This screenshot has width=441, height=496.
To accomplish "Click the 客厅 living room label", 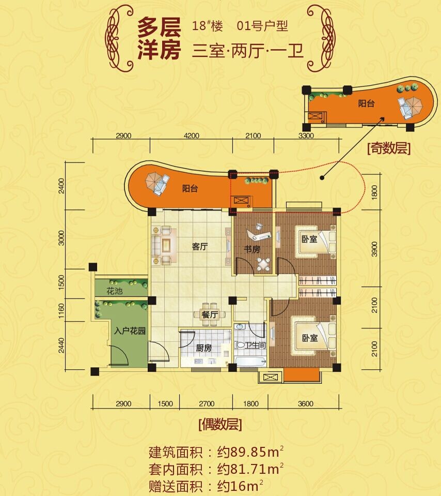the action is (x=200, y=246).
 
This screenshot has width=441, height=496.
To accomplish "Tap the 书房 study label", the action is (x=252, y=249).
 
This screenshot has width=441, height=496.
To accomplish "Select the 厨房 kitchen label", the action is (x=204, y=348).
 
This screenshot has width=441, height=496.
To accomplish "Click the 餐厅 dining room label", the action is (x=210, y=315).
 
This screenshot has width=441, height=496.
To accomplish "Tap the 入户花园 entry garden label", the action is (x=130, y=331).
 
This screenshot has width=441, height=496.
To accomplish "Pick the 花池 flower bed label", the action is (x=114, y=291).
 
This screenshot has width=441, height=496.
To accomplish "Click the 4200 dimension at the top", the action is (x=191, y=136).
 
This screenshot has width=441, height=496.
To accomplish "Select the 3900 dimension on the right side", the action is (x=374, y=249).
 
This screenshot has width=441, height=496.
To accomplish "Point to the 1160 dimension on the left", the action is (x=61, y=311).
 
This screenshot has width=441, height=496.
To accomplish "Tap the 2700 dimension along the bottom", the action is (x=207, y=403).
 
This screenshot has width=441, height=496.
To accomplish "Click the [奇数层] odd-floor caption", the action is (x=389, y=148).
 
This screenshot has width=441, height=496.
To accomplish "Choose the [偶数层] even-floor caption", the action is (x=220, y=424).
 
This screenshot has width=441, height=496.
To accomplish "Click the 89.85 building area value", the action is (x=248, y=452).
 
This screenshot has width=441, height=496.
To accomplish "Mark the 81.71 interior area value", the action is (x=248, y=469).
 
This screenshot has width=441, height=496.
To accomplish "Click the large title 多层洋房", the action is (x=159, y=38).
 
